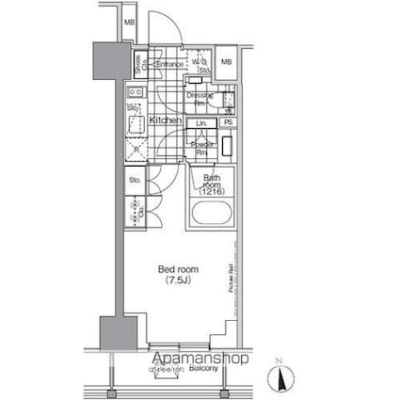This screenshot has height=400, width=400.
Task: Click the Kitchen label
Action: pos(165,121)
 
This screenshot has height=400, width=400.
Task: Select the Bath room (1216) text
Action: pos(210,185)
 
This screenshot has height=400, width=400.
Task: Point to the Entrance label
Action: pos(169,64)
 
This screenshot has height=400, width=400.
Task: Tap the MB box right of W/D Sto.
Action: pos(226,62)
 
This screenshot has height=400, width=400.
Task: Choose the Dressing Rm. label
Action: pos(200,99)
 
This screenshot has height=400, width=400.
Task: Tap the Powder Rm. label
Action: pos(200,146)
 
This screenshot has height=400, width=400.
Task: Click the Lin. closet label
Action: pos(200,123)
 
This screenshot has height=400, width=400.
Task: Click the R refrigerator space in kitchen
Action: pos(136,150)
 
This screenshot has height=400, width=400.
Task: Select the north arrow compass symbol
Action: pos(279,376)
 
